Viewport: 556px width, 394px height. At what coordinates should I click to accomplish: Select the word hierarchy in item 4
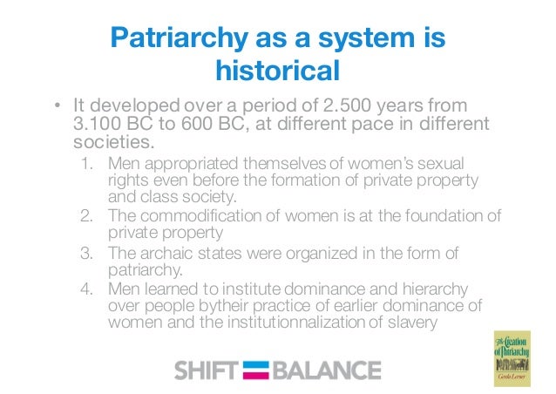pos(412,289)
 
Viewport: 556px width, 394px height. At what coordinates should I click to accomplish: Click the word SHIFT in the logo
pos(205,370)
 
